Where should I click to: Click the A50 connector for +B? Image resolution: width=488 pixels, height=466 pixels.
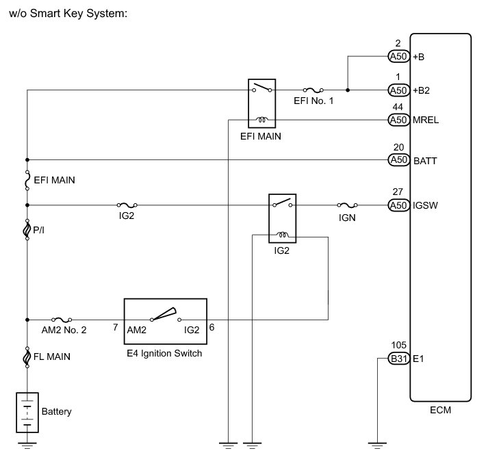pos(398,56)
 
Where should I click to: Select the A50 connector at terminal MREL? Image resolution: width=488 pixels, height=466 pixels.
pos(398,120)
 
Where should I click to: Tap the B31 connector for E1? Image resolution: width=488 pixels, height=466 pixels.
pos(398,358)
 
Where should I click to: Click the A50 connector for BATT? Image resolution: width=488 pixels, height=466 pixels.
pos(398,159)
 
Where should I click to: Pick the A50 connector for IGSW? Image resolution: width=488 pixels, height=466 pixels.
pos(398,205)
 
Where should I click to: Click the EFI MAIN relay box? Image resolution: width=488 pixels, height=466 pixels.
pos(261,103)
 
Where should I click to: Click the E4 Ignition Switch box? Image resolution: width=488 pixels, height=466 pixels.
pos(165,320)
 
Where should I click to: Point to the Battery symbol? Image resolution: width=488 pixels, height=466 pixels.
pos(27,412)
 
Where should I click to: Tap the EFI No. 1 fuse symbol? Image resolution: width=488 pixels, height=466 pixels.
pos(314,90)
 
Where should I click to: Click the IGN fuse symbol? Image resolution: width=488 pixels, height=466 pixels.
pos(347,205)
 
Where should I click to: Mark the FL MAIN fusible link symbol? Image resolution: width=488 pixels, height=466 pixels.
pos(27,356)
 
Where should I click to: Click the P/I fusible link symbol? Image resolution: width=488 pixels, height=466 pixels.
pos(27,229)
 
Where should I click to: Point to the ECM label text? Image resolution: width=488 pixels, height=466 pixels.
pos(440,411)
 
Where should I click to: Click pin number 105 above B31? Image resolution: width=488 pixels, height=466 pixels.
pos(397,346)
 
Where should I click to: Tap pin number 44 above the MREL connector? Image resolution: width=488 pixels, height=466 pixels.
pos(397,107)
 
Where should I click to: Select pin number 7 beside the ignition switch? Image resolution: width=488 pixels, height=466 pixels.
pos(114,328)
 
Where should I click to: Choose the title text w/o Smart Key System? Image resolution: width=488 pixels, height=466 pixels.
pos(69,12)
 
